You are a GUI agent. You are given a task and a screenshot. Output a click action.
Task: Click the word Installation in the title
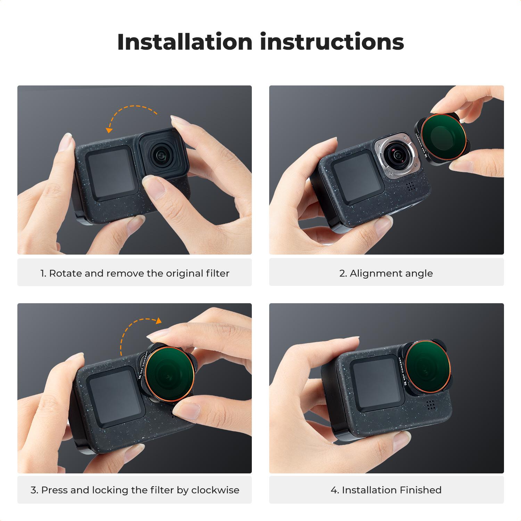pyautogui.click(x=184, y=42)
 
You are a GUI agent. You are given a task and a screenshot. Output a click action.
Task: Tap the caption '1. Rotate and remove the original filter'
pyautogui.click(x=135, y=273)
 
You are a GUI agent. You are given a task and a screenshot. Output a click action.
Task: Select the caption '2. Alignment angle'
pyautogui.click(x=386, y=273)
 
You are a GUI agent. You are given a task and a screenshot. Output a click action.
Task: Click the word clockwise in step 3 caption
pyautogui.click(x=215, y=490)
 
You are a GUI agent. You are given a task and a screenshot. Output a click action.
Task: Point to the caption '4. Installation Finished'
pyautogui.click(x=386, y=490)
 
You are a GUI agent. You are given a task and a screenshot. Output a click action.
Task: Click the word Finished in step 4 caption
pyautogui.click(x=421, y=490)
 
